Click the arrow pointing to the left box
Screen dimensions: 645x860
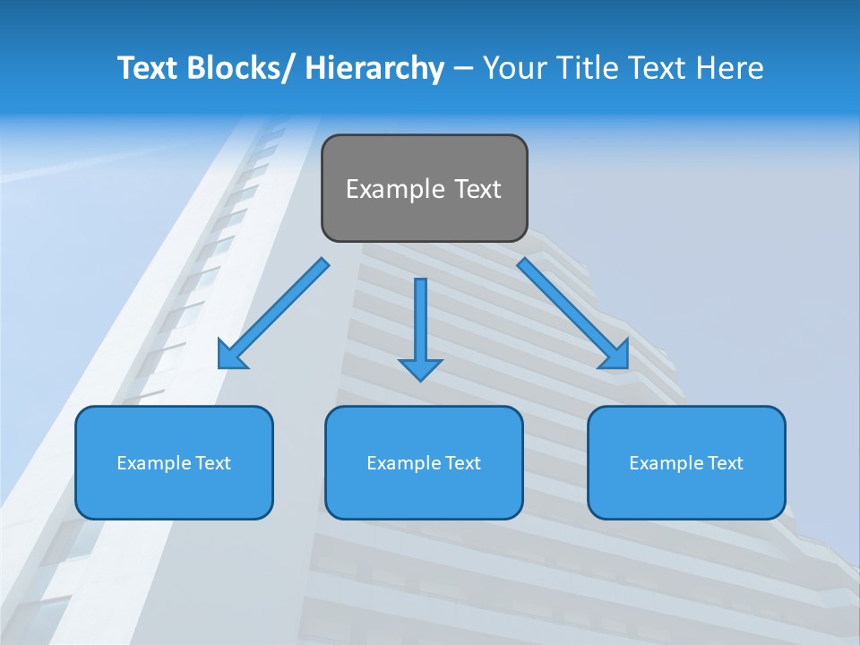[x=273, y=314]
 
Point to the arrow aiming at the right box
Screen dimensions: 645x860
[x=573, y=314]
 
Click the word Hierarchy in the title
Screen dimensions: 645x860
[x=374, y=68]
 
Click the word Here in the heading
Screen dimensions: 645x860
[x=730, y=68]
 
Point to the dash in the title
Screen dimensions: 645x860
[x=463, y=68]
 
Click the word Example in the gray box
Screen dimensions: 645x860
[x=387, y=189]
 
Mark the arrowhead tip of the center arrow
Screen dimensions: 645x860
[x=420, y=380]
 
